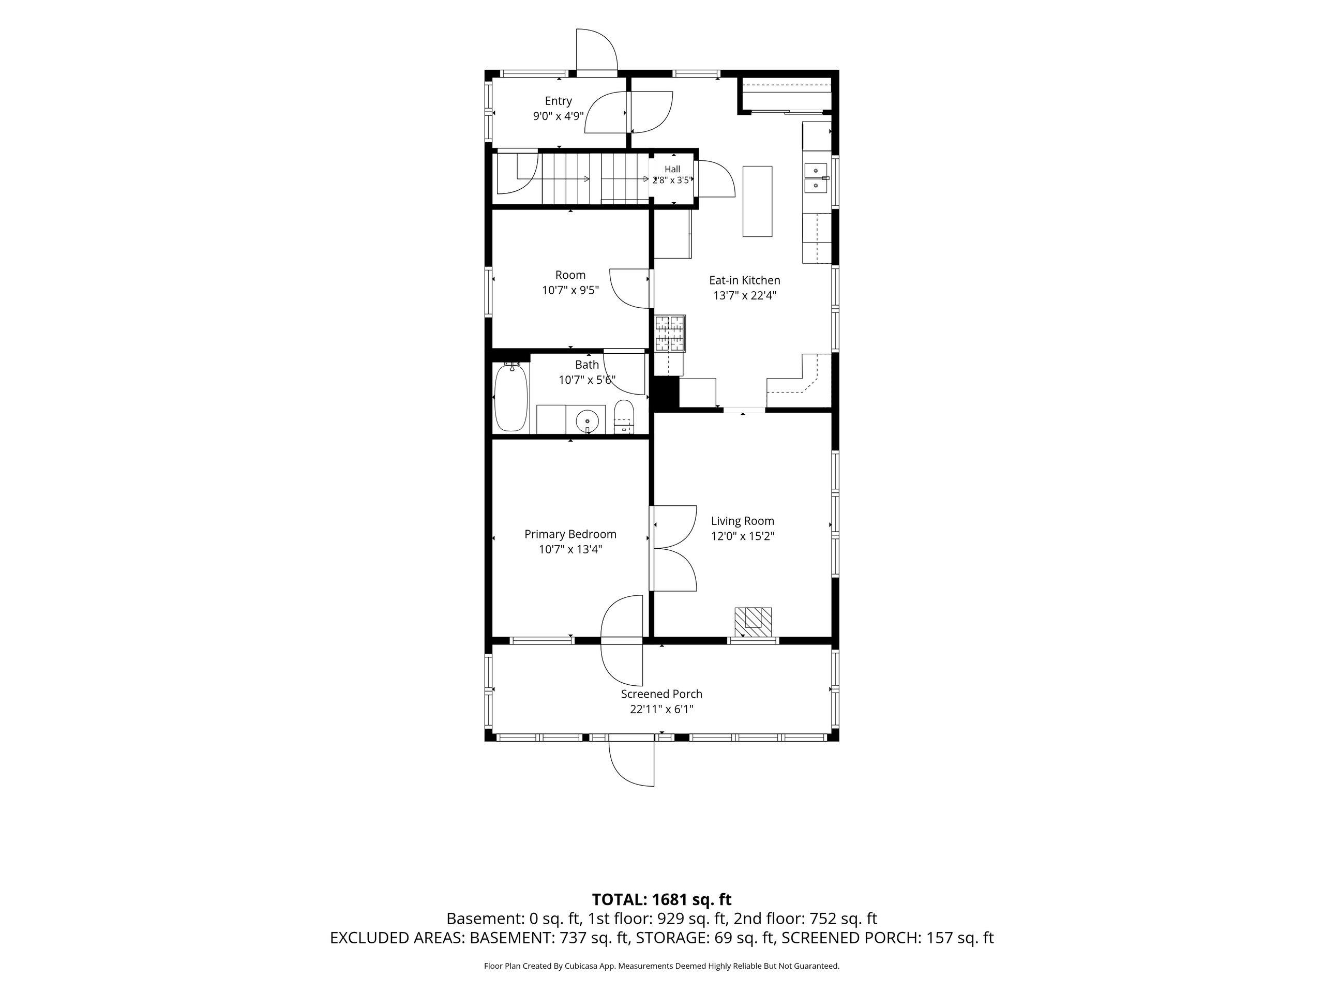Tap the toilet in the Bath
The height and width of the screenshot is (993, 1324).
pos(624,417)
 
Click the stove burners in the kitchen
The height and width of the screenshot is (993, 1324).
pos(670,334)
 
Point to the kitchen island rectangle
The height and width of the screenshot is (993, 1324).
pos(757,201)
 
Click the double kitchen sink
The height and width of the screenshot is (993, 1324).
pos(815,178)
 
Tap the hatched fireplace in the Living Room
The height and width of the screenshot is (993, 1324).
pos(753,623)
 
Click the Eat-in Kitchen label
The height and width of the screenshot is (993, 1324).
pos(745,280)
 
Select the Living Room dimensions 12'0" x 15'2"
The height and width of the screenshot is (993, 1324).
pos(742,536)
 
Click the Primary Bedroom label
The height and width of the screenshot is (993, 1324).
pos(570,534)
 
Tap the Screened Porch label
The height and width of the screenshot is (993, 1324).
pos(661,694)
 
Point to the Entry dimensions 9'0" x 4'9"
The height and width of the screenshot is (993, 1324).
pos(559,116)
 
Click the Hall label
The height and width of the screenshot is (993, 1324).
pos(672,170)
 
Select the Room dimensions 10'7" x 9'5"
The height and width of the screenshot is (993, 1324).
pos(570,290)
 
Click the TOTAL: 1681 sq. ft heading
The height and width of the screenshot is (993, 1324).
pos(661,899)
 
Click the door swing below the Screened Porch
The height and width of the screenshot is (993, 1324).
pos(631,764)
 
